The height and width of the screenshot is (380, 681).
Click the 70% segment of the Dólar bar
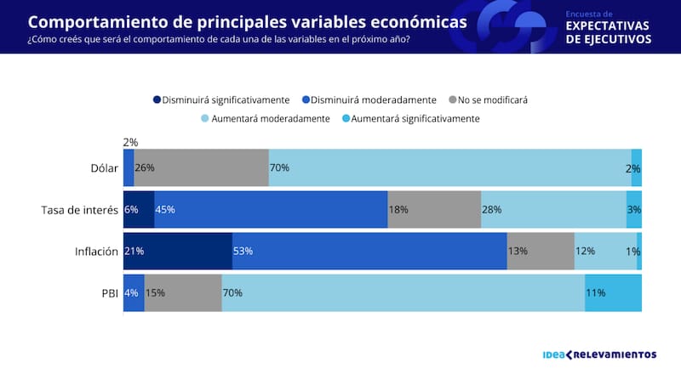pos(449,167)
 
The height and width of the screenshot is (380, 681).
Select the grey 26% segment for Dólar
pos(201,167)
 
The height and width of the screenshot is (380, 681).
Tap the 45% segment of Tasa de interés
pos(271,209)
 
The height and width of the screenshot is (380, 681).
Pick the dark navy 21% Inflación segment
pos(177,251)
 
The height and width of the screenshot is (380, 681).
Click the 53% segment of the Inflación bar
pos(369,251)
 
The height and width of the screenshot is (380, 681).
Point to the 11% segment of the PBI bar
pos(613,292)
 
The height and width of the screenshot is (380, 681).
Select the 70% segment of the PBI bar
pos(403,292)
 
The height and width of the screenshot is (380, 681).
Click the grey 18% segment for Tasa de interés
pos(434,209)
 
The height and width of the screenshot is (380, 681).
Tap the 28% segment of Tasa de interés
pos(553,209)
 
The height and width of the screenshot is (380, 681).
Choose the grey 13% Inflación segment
pos(541,251)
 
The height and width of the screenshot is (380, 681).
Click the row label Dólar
pos(102,167)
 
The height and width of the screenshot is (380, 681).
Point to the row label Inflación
pos(96,251)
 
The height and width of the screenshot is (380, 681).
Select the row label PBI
pos(108,292)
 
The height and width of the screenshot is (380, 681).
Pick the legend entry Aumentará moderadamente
pos(266,119)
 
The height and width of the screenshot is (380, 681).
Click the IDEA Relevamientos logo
pos(598,354)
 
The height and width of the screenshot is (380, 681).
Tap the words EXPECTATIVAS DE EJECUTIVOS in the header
pos(609,31)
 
